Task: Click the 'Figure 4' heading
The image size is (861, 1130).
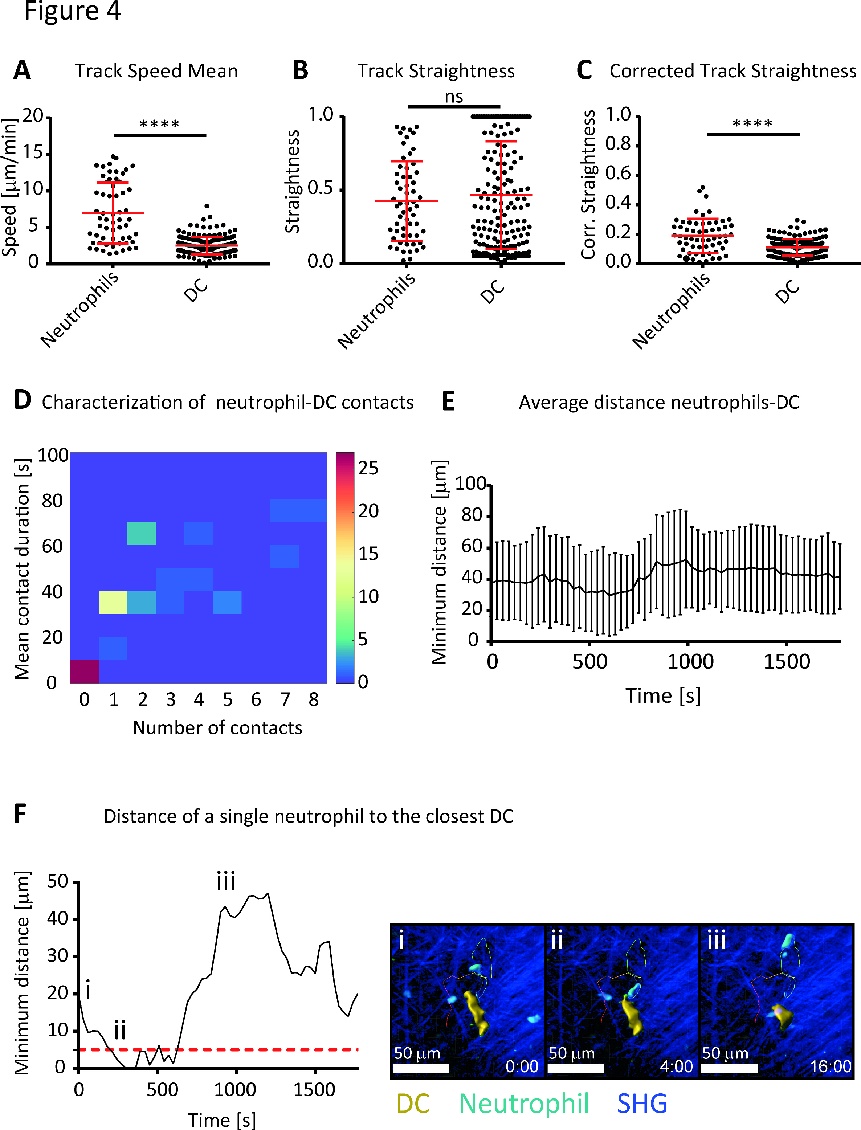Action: point(72,11)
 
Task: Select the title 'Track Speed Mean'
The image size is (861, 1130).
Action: point(156,71)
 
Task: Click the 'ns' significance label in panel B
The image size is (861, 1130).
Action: point(454,96)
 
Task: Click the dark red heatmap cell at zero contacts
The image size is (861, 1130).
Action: point(84,671)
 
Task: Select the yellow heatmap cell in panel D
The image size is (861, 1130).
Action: point(113,602)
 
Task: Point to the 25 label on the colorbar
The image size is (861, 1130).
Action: point(368,468)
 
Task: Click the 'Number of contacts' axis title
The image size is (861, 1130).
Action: point(217,728)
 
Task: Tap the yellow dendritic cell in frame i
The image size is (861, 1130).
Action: point(476,1012)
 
